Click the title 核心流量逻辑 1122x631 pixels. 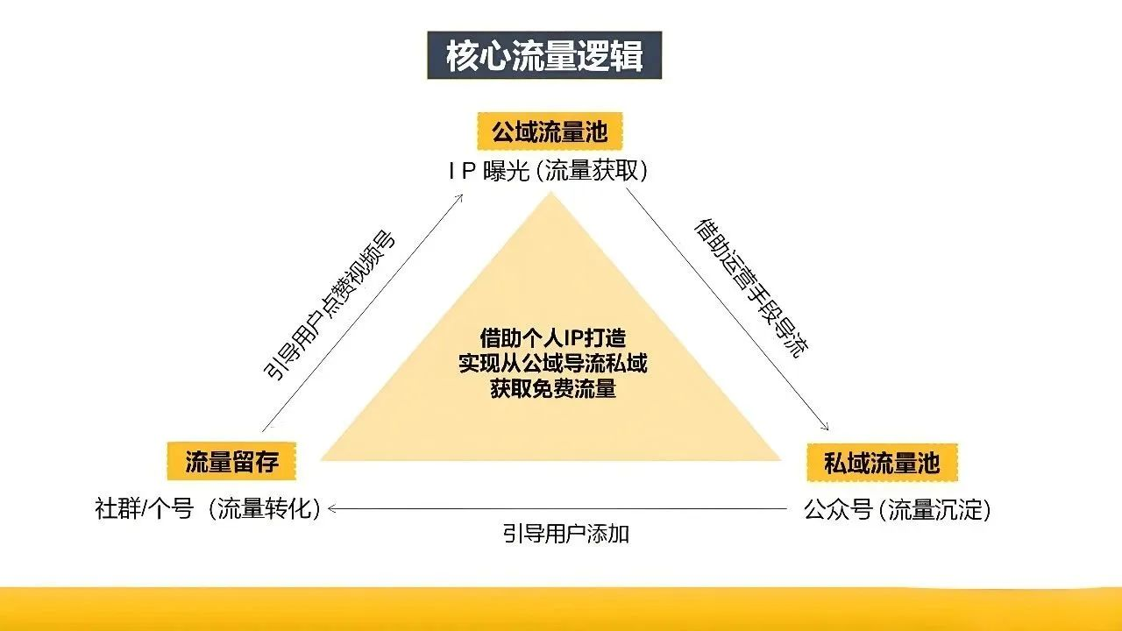tap(544, 55)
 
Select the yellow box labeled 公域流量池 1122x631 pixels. tap(550, 131)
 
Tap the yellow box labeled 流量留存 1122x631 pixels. tap(231, 461)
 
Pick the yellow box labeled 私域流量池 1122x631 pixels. tap(882, 462)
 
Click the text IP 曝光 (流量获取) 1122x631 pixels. tap(548, 171)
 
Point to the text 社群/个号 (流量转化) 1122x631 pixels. tap(208, 509)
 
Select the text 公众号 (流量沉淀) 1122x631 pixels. tap(898, 510)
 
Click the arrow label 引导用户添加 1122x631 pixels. tap(566, 534)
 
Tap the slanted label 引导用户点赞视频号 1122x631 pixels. tap(329, 304)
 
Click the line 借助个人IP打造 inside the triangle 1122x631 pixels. tap(553, 338)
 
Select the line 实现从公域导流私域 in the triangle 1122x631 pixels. tap(553, 363)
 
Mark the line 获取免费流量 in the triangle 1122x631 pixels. tap(553, 388)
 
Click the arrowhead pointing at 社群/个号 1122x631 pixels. tap(332, 509)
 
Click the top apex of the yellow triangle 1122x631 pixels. tap(550, 193)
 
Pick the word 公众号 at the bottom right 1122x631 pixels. tap(837, 510)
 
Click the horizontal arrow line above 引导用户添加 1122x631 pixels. tap(557, 509)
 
